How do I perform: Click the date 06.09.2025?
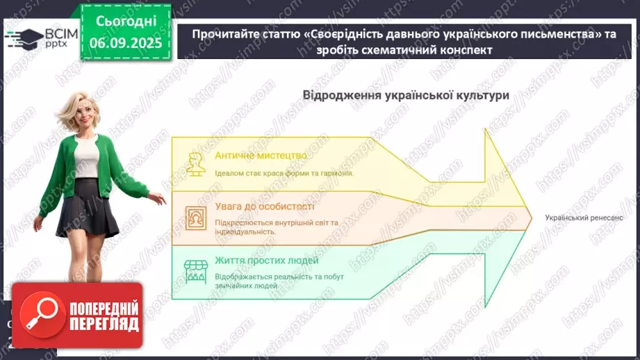(x=125, y=43)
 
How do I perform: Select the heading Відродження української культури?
(x=406, y=95)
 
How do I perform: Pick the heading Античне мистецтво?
(x=261, y=155)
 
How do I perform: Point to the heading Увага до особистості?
(x=264, y=206)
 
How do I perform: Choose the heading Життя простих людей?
(x=267, y=261)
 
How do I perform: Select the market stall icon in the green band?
(x=194, y=270)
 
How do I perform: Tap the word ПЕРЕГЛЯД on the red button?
(x=104, y=324)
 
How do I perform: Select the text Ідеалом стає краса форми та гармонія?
(x=284, y=173)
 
